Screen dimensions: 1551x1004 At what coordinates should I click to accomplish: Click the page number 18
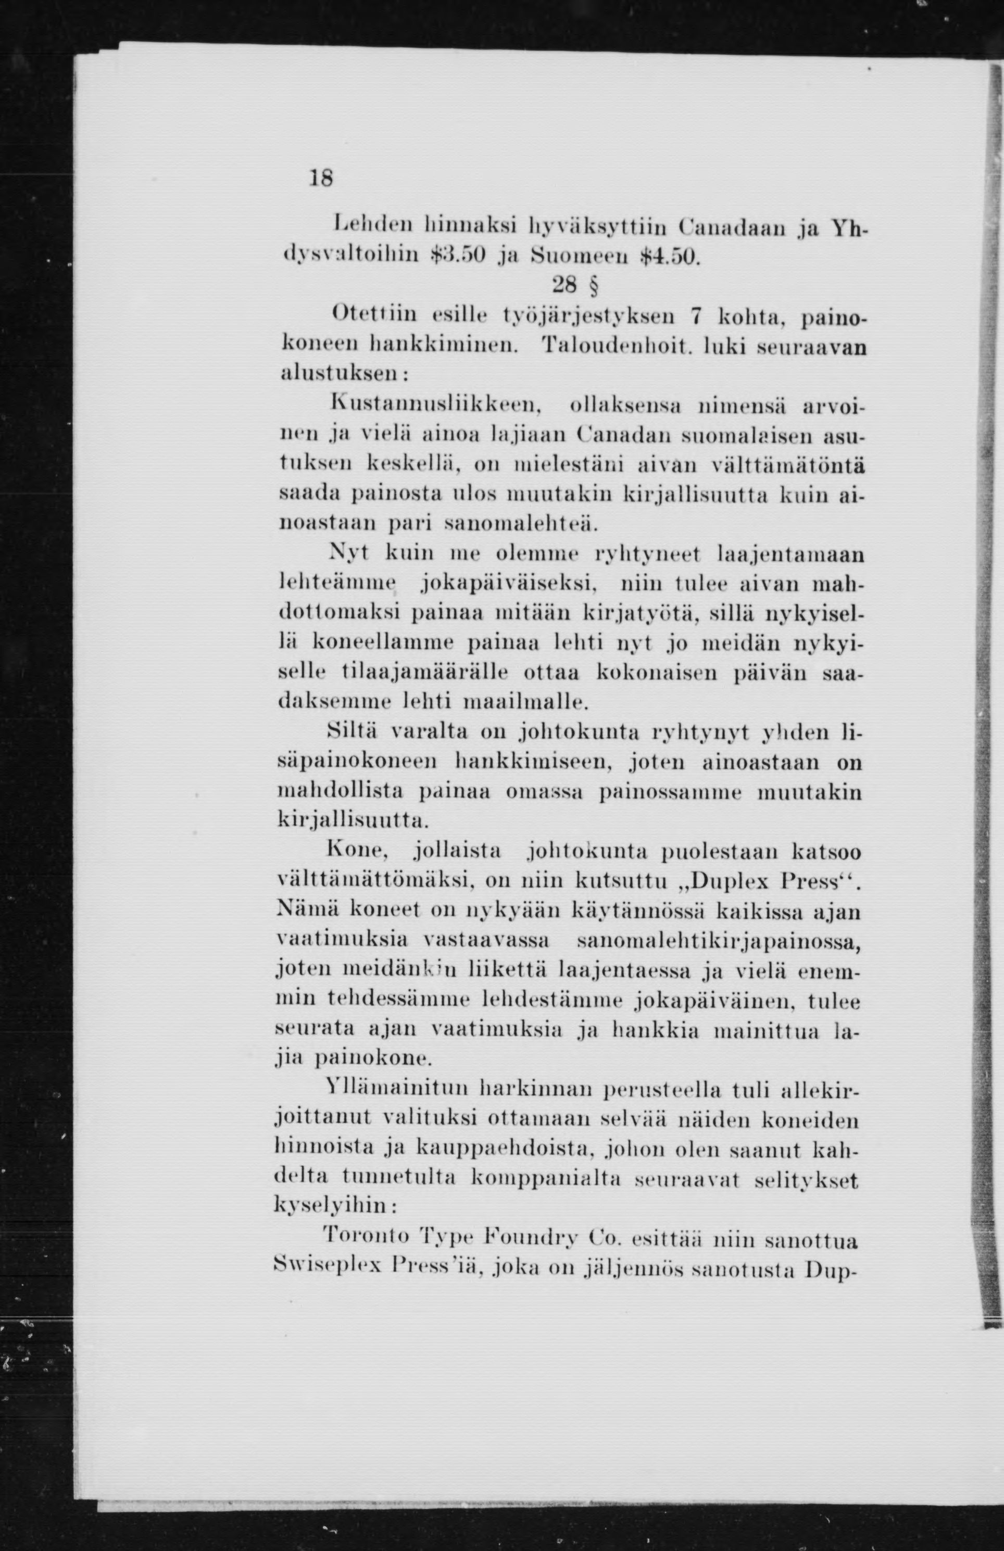(x=321, y=178)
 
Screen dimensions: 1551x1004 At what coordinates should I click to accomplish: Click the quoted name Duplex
(x=720, y=882)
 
